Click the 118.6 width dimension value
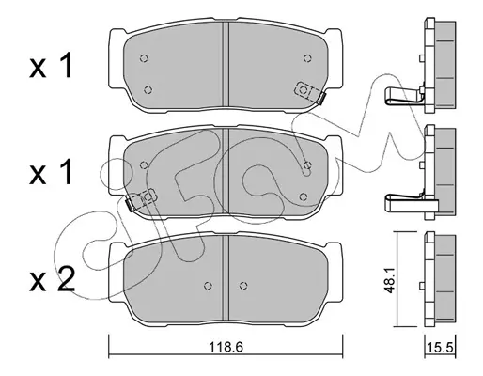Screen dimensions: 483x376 pyautogui.click(x=226, y=347)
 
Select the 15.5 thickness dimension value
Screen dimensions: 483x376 pyautogui.click(x=441, y=348)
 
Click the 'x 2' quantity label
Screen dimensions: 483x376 pyautogui.click(x=53, y=279)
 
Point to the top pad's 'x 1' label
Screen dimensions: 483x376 pyautogui.click(x=51, y=66)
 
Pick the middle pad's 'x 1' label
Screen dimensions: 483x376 pyautogui.click(x=51, y=172)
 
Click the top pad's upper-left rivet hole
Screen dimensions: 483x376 pyautogui.click(x=144, y=58)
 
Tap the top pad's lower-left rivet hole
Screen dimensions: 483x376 pyautogui.click(x=148, y=90)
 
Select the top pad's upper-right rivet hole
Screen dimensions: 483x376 pyautogui.click(x=307, y=58)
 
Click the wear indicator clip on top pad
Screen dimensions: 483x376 pyautogui.click(x=309, y=93)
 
